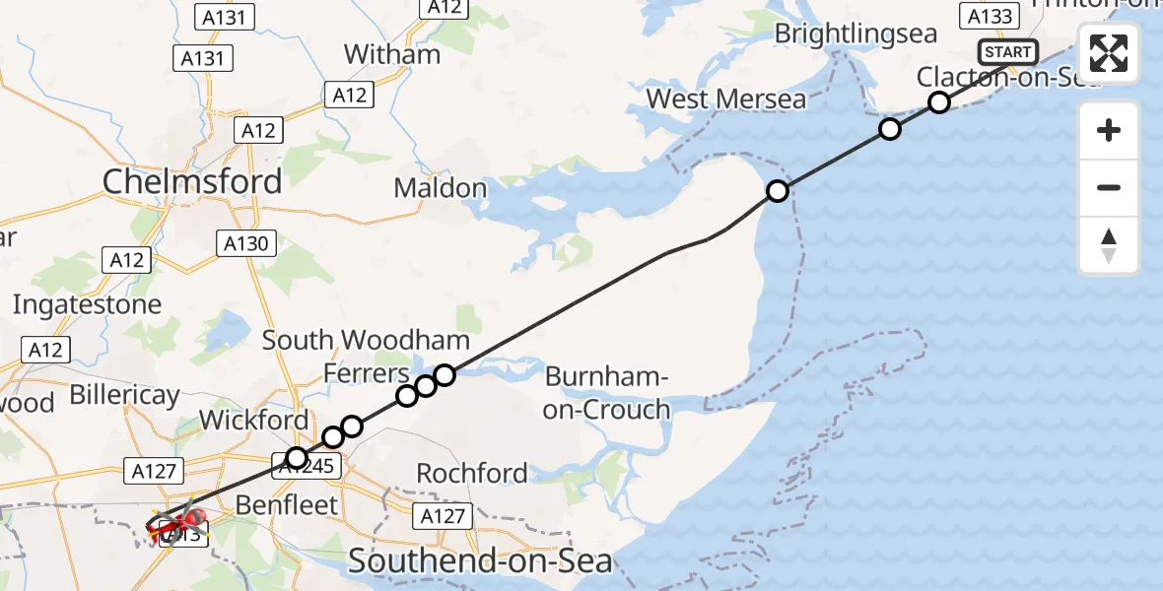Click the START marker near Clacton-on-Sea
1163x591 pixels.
point(1007,52)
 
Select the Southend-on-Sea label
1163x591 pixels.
point(480,561)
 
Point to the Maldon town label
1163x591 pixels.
point(441,187)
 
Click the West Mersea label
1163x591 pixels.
point(725,99)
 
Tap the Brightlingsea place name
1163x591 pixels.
point(855,34)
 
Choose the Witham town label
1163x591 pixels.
point(392,54)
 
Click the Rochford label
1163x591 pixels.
point(472,473)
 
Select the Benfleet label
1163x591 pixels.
point(287,504)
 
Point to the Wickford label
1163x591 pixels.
point(253,421)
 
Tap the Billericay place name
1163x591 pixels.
point(124,396)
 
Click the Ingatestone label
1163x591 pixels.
point(87,304)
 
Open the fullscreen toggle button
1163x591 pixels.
point(1109,53)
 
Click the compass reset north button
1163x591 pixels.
point(1109,244)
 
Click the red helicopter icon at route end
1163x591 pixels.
point(177,522)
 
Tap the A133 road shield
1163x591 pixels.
point(989,16)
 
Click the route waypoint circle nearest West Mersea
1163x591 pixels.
point(778,191)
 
